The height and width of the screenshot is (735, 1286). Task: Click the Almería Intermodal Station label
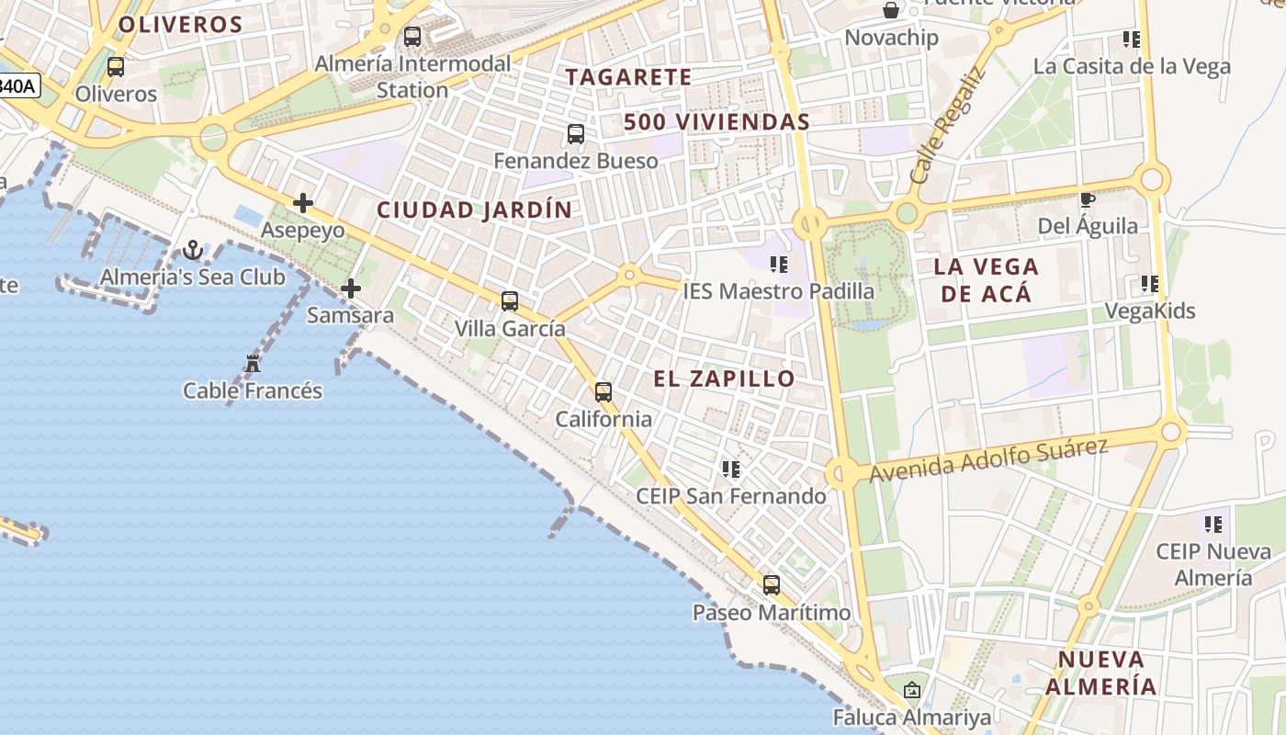pos(412,77)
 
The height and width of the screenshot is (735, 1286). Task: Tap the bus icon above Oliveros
pos(116,67)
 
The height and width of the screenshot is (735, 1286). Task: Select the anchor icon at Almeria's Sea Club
pos(193,249)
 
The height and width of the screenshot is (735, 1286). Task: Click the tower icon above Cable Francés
pos(253,364)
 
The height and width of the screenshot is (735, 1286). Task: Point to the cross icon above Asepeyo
pos(303,203)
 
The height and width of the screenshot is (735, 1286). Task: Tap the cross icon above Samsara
pos(350,289)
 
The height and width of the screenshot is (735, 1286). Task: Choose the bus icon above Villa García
pos(510,300)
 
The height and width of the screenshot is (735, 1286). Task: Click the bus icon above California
pos(604,392)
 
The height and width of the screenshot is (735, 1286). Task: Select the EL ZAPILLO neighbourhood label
pos(724,379)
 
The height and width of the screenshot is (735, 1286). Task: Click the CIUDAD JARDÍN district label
pos(474,210)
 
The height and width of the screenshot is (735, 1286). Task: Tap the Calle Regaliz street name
pos(949,126)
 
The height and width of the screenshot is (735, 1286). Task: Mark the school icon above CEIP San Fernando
pos(731,469)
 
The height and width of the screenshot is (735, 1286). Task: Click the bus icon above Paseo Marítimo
pos(772,585)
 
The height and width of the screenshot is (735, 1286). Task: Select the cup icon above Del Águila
pos(1088,199)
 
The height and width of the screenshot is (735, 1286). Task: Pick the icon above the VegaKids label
pos(1149,284)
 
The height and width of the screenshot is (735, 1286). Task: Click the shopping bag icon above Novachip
pos(891,11)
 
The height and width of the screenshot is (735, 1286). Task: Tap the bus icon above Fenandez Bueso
pos(576,134)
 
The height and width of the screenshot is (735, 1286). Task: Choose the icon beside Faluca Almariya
pos(911,689)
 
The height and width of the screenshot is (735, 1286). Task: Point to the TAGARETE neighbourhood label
pos(628,77)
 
